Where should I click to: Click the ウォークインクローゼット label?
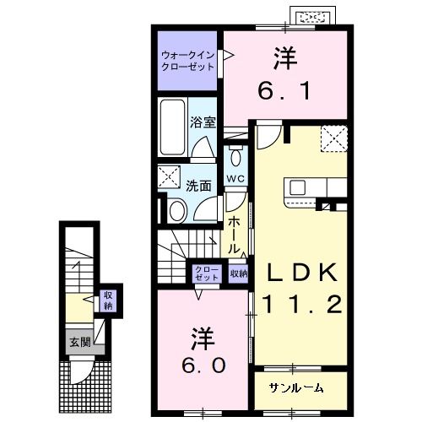tap(187, 62)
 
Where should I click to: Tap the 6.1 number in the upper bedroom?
tap(284, 88)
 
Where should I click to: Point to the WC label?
tap(236, 179)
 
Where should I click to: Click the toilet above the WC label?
tap(235, 158)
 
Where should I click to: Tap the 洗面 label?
tap(198, 187)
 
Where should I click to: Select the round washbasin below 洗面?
tap(177, 209)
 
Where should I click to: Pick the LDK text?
tap(303, 272)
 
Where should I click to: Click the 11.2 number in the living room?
tap(303, 304)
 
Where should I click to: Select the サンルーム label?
tap(296, 387)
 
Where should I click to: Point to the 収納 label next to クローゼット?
tap(238, 273)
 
